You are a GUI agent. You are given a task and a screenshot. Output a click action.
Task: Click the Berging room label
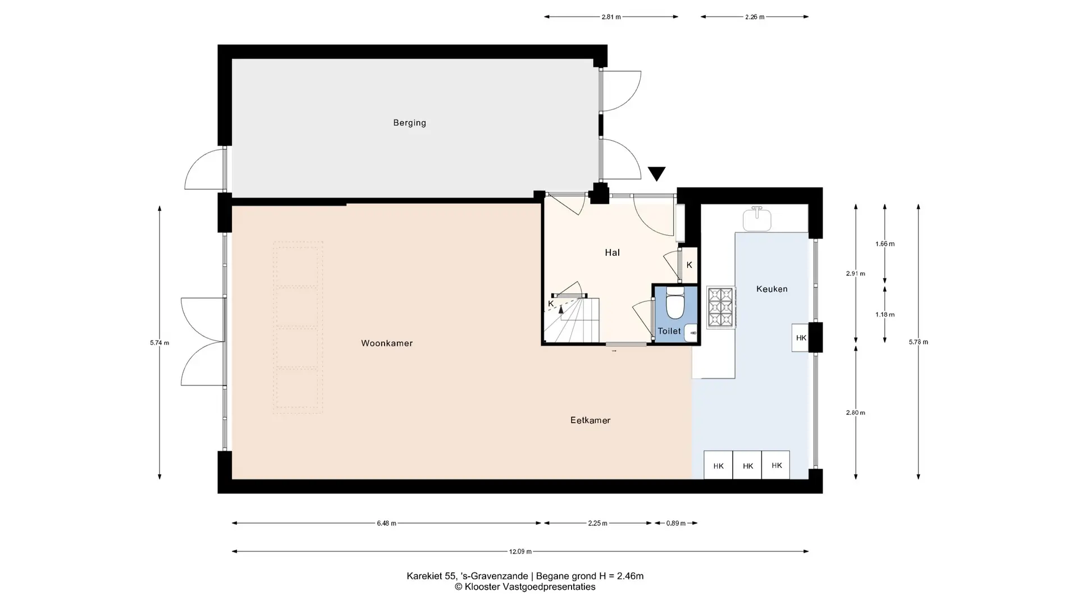pyautogui.click(x=409, y=123)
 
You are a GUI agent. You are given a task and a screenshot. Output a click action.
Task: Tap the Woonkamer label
pyautogui.click(x=387, y=343)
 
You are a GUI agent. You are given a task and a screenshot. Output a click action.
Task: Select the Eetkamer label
pyautogui.click(x=590, y=420)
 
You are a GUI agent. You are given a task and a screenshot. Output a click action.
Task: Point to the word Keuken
pyautogui.click(x=771, y=289)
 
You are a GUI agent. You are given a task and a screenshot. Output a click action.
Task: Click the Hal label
pyautogui.click(x=612, y=252)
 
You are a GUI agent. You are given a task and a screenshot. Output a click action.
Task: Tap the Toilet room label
pyautogui.click(x=669, y=331)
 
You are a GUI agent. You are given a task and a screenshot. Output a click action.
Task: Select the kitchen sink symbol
pyautogui.click(x=757, y=219)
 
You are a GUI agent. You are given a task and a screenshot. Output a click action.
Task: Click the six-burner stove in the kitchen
pyautogui.click(x=721, y=307)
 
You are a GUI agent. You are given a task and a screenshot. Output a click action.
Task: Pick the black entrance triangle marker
pyautogui.click(x=656, y=173)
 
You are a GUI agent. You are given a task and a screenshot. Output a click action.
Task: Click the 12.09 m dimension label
pyautogui.click(x=520, y=552)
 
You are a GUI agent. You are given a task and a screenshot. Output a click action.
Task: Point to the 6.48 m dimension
pyautogui.click(x=386, y=524)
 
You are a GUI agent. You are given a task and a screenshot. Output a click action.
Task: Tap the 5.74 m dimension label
pyautogui.click(x=159, y=343)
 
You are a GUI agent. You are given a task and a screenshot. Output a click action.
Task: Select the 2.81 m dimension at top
pyautogui.click(x=611, y=17)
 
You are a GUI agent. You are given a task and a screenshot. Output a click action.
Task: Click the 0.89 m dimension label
pyautogui.click(x=675, y=524)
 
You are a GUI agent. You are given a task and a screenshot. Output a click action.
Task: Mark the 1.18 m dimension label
pyautogui.click(x=885, y=315)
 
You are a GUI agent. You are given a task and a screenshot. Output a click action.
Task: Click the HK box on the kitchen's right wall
pyautogui.click(x=801, y=338)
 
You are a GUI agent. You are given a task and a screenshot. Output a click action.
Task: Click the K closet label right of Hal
pyautogui.click(x=689, y=265)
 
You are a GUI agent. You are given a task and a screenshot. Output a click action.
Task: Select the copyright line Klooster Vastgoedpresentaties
pyautogui.click(x=525, y=587)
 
